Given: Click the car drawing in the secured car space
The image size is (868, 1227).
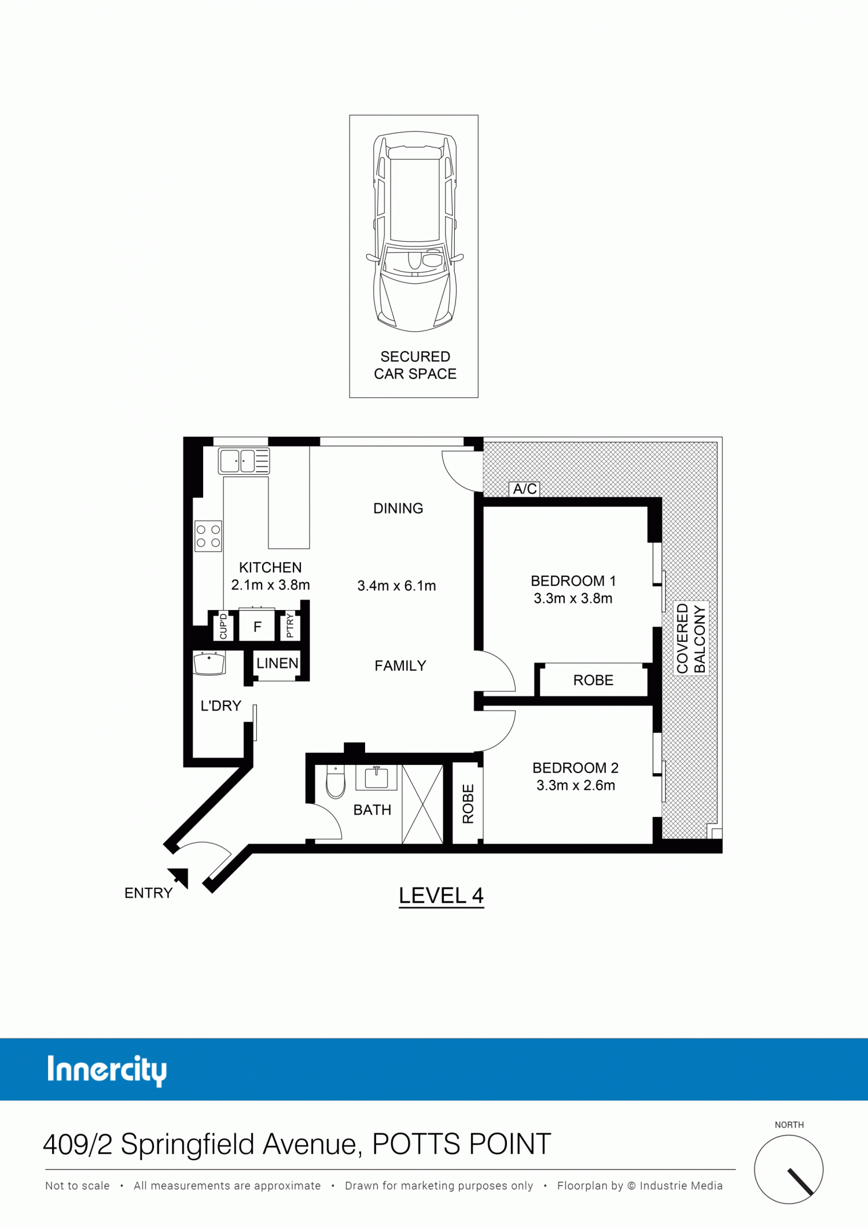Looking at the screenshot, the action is (414, 231).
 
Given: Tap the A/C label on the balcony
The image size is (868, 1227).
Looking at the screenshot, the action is (525, 489).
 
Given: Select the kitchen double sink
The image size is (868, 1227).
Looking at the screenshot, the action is (244, 461).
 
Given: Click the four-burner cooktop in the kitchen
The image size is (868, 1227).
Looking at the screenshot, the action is (208, 536).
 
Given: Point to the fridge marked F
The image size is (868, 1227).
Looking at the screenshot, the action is (258, 627).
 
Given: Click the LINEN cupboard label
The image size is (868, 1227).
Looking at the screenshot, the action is (278, 663).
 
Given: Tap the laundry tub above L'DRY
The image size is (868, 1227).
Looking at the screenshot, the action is (209, 663).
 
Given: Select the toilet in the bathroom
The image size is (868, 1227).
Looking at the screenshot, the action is (336, 781).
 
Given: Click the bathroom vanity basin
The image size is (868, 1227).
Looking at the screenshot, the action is (376, 777).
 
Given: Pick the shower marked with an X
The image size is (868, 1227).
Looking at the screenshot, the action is (422, 804).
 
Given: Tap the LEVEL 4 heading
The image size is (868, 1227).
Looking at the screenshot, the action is (441, 896).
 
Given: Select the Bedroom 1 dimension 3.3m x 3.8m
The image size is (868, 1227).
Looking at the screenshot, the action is (573, 598).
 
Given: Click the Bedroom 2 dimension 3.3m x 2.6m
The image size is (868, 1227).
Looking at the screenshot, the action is (576, 785).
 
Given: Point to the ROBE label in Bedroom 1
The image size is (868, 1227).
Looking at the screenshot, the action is (593, 680).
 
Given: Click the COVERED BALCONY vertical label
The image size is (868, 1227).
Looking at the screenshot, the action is (691, 638).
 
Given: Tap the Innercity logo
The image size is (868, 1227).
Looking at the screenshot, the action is (107, 1070).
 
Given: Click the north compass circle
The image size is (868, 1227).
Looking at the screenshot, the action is (789, 1169).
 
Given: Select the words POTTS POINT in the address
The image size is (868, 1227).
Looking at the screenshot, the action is (461, 1144).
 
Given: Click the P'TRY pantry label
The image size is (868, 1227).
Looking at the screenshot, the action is (290, 626).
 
